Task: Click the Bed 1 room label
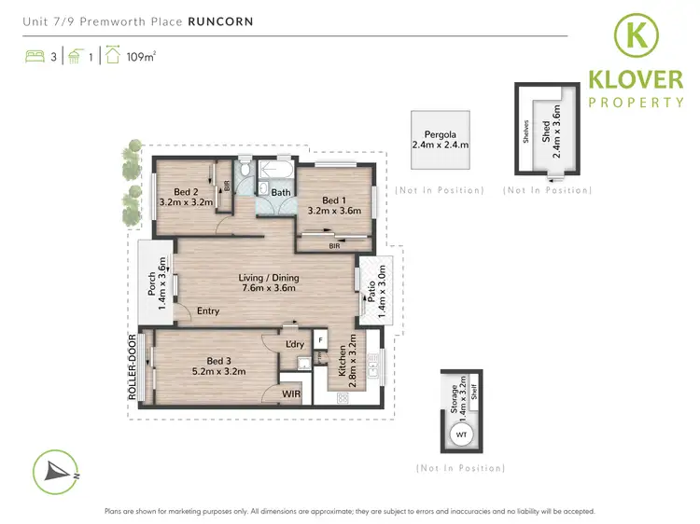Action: click(332, 200)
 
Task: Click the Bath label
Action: click(280, 193)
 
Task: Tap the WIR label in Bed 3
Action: click(293, 395)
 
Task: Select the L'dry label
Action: click(295, 345)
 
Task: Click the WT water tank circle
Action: click(460, 434)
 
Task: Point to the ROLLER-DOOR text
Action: click(133, 365)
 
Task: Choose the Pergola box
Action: click(440, 141)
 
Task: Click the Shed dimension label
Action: click(556, 131)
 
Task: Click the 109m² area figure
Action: click(142, 55)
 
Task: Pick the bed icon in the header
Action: click(34, 56)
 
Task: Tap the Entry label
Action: click(208, 310)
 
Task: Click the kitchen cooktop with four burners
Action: click(343, 398)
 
